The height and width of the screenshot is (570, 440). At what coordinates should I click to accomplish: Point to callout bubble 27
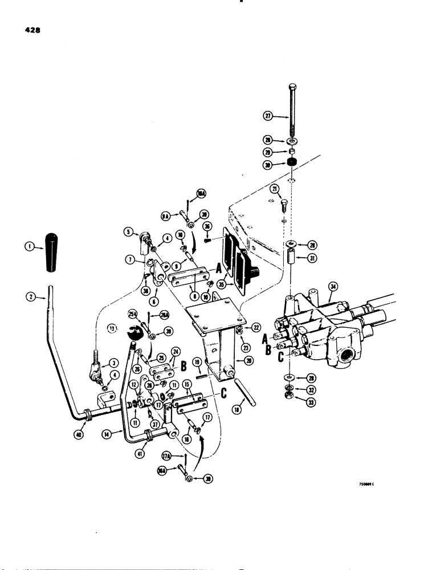[269, 117]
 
